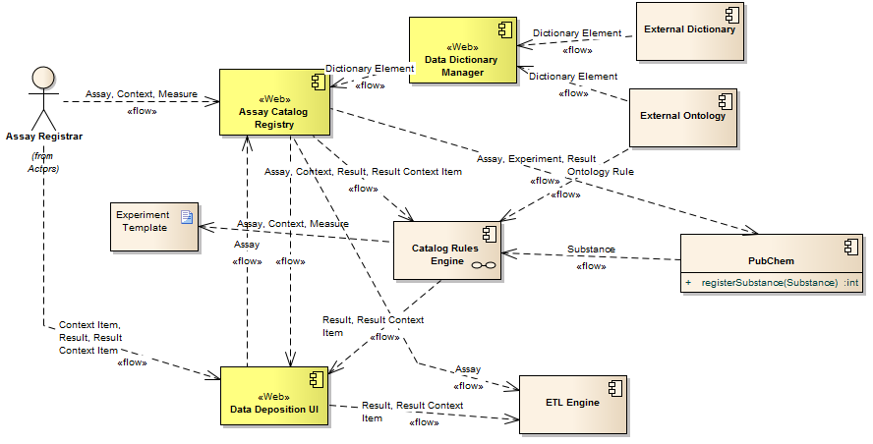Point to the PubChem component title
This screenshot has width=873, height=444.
771,261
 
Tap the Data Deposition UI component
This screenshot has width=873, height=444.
273,396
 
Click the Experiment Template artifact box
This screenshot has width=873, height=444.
154,225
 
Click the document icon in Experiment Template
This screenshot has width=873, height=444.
185,217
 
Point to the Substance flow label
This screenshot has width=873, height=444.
591,250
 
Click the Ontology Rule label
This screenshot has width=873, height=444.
600,172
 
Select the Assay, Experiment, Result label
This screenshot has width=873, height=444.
536,158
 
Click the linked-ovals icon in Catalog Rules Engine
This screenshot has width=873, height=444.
482,265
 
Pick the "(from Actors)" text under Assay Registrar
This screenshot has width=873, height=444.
42,162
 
